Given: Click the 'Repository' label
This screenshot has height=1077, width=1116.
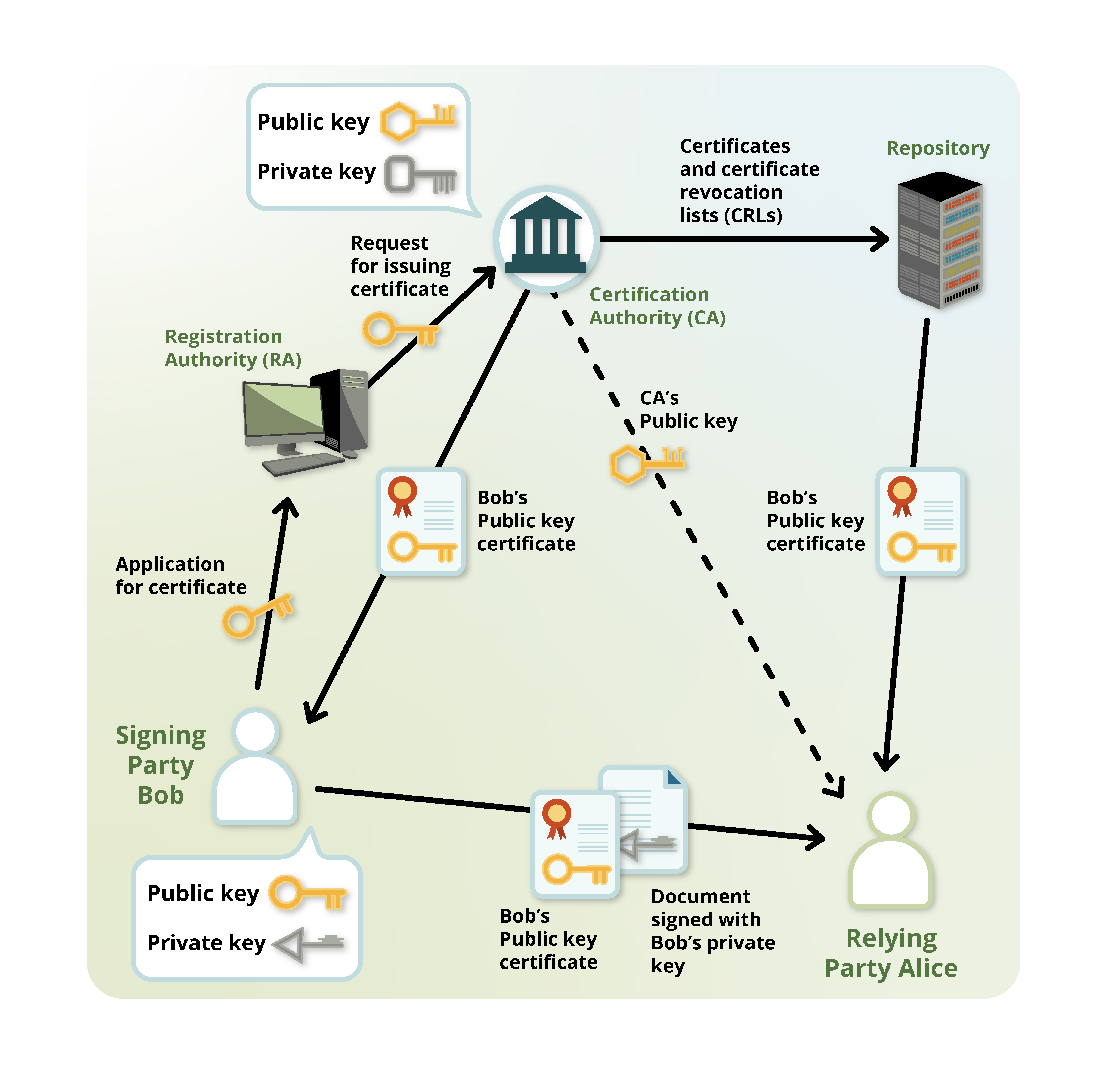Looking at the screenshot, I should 938,148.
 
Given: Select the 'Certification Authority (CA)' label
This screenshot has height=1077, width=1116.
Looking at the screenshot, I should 657,306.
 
